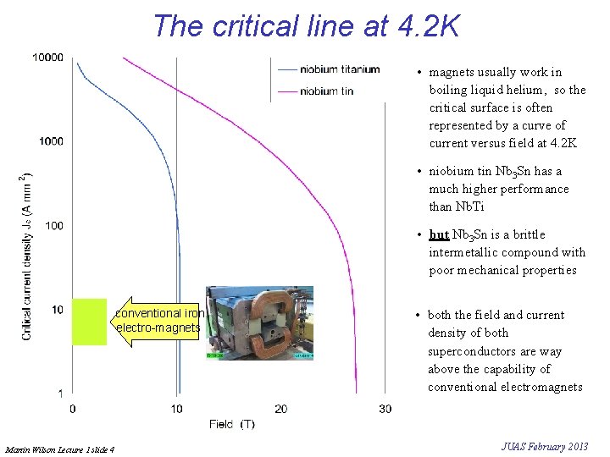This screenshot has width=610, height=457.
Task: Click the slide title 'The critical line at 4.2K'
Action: [306, 25]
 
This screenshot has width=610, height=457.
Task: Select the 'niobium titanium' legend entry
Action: [340, 69]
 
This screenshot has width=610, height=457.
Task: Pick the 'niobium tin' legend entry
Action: [326, 91]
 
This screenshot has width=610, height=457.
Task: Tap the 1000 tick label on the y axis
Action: [51, 141]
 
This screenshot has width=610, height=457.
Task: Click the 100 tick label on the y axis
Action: [53, 225]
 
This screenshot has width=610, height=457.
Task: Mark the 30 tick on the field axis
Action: [385, 409]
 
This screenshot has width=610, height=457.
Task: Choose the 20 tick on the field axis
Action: [281, 409]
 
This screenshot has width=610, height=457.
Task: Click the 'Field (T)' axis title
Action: [231, 424]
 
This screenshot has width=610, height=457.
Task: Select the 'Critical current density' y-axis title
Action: [27, 254]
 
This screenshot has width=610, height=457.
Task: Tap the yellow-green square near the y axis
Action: [89, 322]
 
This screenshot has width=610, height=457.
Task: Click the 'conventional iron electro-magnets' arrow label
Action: [159, 320]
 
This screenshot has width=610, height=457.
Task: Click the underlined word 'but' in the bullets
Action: [439, 234]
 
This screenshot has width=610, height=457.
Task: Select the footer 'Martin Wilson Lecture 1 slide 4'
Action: [59, 449]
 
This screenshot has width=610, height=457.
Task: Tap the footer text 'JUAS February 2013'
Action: [544, 447]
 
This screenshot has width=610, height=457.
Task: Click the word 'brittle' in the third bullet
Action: [529, 234]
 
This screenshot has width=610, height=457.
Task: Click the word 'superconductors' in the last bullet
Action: [470, 351]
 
